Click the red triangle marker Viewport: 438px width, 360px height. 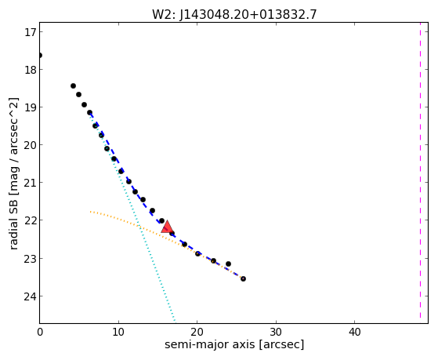coord(167,227)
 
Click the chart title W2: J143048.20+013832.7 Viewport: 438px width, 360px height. coord(234,14)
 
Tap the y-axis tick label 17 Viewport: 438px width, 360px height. coord(30,32)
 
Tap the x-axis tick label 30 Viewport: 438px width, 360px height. coord(276,332)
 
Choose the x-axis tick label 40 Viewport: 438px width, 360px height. coord(354,332)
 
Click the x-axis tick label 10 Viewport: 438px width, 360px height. coord(118,332)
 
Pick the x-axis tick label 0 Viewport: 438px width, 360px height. coord(40,332)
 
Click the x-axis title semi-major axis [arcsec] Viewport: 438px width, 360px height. coord(234,344)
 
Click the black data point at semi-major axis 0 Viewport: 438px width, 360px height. coord(40,55)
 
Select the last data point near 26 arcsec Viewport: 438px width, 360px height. coord(244,278)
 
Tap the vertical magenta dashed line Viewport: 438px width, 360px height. coord(420,173)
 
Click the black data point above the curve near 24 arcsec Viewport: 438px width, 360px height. coord(228,264)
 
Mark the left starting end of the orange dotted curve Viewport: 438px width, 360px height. coord(90,212)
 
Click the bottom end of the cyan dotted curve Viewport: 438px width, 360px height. coord(175,321)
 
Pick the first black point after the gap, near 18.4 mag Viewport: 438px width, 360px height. coord(73,85)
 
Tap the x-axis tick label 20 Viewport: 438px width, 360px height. coord(197,332)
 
